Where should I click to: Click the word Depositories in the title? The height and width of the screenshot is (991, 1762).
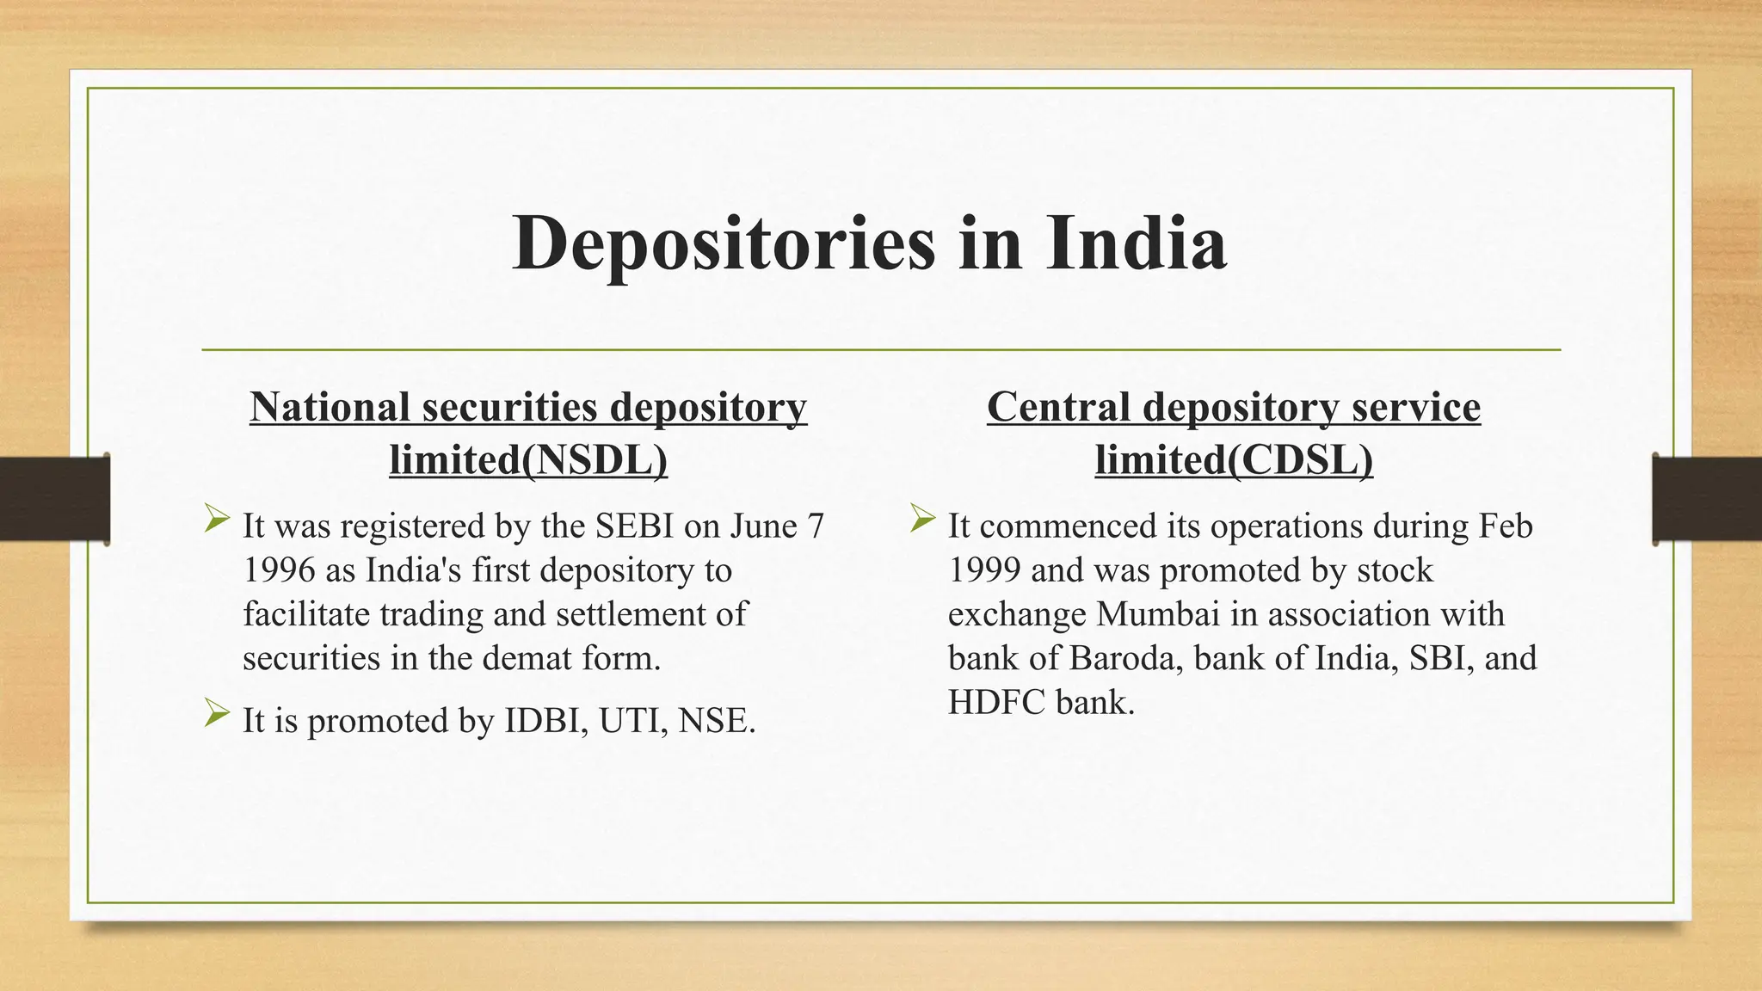pyautogui.click(x=723, y=244)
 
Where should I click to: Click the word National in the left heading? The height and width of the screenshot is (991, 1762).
pyautogui.click(x=330, y=407)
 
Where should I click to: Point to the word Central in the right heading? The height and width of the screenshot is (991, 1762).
pyautogui.click(x=1058, y=407)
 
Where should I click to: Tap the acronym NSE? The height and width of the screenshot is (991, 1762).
pyautogui.click(x=716, y=721)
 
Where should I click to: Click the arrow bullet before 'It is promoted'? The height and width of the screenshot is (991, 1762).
pyautogui.click(x=217, y=713)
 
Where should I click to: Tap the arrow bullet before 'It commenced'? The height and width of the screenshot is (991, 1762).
pyautogui.click(x=922, y=518)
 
